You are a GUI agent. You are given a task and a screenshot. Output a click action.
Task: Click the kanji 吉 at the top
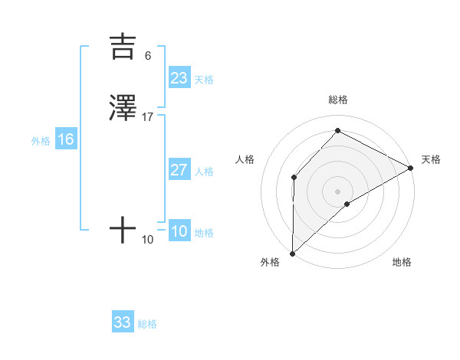point(123,47)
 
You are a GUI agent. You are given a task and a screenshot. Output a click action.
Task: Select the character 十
point(123,229)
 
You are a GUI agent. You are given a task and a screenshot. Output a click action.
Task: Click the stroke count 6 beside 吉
point(148,56)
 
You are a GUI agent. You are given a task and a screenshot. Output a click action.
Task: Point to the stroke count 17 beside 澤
point(148,117)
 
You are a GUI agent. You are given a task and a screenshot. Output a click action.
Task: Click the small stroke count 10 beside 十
point(148,240)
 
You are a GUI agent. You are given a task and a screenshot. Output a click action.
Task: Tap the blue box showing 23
point(179,78)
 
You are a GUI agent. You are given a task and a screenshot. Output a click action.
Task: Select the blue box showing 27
point(179,170)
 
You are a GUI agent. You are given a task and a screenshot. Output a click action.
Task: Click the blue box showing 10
point(179,231)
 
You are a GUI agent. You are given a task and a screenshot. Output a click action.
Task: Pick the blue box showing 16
point(66,139)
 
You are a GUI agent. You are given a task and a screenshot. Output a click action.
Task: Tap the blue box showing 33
point(123,322)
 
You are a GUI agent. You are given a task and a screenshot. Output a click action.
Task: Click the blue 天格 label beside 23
point(204,80)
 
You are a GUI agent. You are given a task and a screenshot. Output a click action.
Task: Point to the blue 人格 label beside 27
point(204,172)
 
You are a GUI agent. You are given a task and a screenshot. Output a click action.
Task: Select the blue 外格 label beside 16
point(41,141)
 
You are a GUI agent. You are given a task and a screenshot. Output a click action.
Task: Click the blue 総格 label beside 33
point(147,324)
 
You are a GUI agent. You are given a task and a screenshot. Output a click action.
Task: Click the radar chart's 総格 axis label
point(337,100)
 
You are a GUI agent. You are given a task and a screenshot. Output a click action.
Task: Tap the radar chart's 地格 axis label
point(402,263)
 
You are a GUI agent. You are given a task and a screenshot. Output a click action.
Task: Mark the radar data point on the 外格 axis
point(292,254)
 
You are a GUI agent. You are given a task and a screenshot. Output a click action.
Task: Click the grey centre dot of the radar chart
point(337,191)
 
